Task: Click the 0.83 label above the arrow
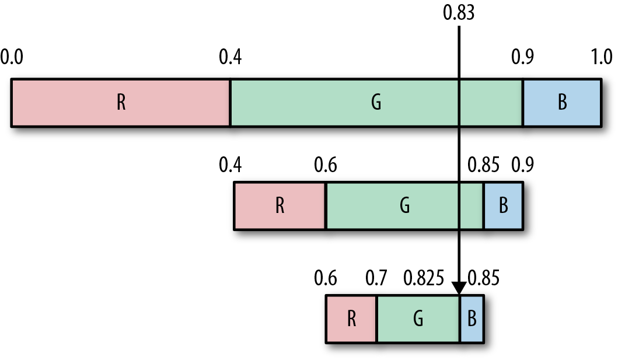pyautogui.click(x=458, y=13)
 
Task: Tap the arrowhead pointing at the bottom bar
pyautogui.click(x=459, y=288)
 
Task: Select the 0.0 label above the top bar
pyautogui.click(x=12, y=57)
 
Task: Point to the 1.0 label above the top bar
pyautogui.click(x=602, y=57)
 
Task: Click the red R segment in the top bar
pyautogui.click(x=121, y=103)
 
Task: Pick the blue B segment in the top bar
pyautogui.click(x=562, y=103)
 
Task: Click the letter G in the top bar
pyautogui.click(x=376, y=102)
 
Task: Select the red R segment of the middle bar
pyautogui.click(x=280, y=205)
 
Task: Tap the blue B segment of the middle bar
pyautogui.click(x=503, y=205)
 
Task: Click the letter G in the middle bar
pyautogui.click(x=405, y=205)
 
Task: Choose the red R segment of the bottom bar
pyautogui.click(x=351, y=319)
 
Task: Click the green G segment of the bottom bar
pyautogui.click(x=418, y=319)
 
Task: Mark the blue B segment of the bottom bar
pyautogui.click(x=472, y=319)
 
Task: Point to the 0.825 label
pyautogui.click(x=424, y=278)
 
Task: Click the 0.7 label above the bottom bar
pyautogui.click(x=376, y=278)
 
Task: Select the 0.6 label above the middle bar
pyautogui.click(x=326, y=165)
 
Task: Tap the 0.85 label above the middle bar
pyautogui.click(x=483, y=165)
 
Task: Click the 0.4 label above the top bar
pyautogui.click(x=230, y=57)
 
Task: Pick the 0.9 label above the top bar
pyautogui.click(x=523, y=57)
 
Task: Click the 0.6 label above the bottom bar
pyautogui.click(x=326, y=278)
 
